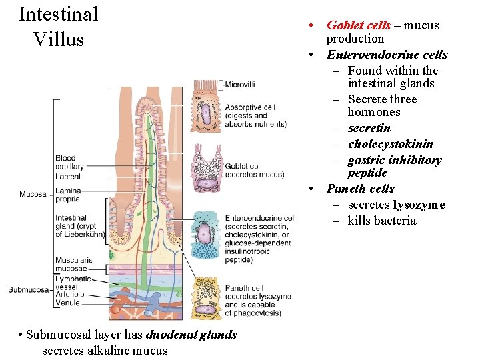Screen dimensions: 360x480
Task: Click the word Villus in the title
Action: tap(58, 39)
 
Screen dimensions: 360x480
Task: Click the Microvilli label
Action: tap(240, 85)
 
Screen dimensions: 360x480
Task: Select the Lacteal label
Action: tap(68, 177)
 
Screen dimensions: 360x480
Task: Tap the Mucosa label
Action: tap(33, 195)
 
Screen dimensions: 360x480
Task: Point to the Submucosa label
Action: tap(29, 289)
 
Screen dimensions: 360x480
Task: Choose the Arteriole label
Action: tap(69, 294)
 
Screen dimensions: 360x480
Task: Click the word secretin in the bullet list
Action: tap(369, 128)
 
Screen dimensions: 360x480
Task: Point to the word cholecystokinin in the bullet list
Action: tap(390, 144)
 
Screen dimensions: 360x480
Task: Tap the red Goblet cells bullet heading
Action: tap(359, 25)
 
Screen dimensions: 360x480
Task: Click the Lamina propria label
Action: tap(69, 195)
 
